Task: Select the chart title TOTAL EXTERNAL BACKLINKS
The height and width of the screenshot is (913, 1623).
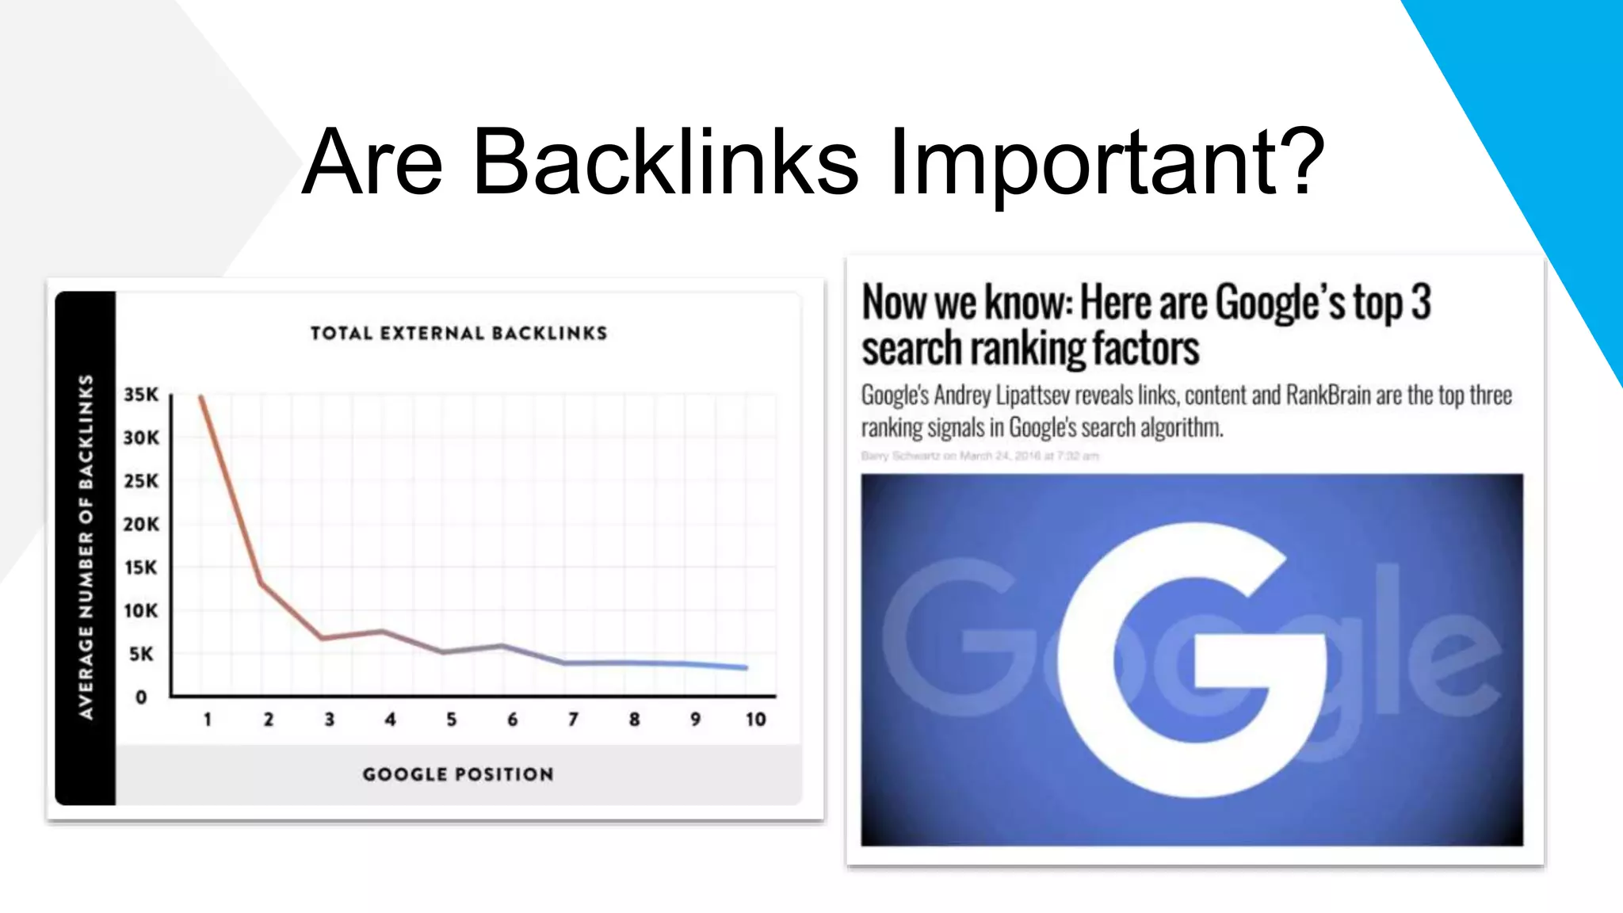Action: click(459, 334)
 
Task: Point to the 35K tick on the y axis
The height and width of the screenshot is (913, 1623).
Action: click(141, 395)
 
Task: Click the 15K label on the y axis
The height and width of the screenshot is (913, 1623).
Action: click(141, 567)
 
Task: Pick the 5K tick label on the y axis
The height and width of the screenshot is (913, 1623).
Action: click(141, 655)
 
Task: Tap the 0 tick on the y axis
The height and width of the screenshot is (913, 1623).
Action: click(141, 697)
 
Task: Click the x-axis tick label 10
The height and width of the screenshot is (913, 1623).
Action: click(755, 720)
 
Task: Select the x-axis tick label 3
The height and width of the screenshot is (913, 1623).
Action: click(330, 720)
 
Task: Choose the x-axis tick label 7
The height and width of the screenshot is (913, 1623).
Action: click(573, 720)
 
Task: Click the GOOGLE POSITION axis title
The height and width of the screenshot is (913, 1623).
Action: click(458, 774)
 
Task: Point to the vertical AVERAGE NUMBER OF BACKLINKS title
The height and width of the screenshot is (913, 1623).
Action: click(86, 547)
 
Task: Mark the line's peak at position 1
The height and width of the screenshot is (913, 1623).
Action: click(202, 396)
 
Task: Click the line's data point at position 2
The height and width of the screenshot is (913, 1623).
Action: click(262, 584)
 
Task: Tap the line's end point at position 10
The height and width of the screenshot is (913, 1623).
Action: click(745, 667)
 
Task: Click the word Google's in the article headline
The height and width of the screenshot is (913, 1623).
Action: click(1280, 303)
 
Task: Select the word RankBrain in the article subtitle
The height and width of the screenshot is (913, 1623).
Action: click(1328, 395)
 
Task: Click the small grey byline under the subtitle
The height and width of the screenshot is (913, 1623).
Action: click(980, 456)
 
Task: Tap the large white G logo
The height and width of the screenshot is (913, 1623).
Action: click(1189, 658)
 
